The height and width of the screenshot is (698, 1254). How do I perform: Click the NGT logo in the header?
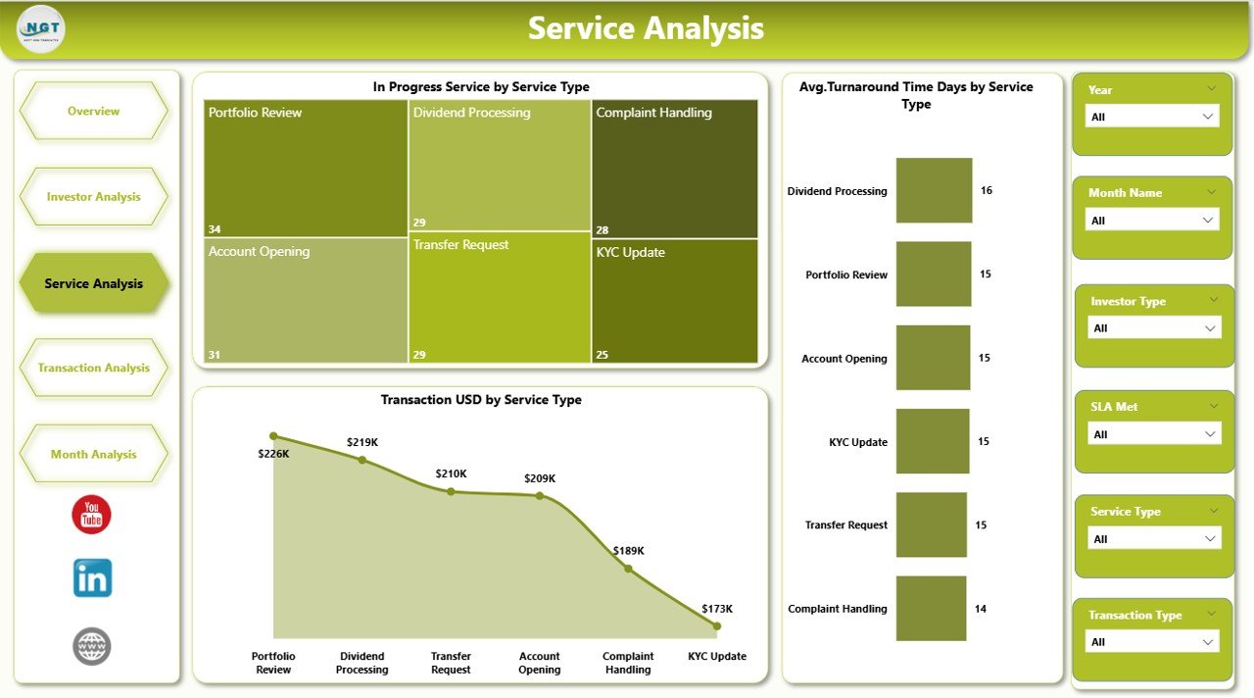41,28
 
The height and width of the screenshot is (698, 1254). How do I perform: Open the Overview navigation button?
93,112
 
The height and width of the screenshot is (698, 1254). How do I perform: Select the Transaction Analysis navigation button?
93,369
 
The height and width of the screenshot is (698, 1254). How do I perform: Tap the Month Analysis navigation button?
93,455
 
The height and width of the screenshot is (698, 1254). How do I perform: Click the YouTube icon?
92,515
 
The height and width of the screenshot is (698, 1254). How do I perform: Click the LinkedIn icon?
92,578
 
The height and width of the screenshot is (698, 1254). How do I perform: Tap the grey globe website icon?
92,647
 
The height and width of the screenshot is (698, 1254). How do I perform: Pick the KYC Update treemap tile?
674,301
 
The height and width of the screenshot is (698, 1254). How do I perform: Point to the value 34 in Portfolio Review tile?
215,229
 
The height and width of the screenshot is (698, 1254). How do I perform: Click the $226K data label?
272,454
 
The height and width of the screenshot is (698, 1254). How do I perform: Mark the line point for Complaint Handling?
628,569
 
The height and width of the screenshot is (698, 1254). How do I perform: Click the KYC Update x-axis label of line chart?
717,657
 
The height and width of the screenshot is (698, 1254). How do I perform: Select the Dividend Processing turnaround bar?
934,190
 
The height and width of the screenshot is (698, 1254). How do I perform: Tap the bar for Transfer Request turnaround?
932,524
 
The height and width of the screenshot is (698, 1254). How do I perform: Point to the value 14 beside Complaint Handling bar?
980,609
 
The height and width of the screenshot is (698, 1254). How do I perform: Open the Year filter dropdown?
1153,117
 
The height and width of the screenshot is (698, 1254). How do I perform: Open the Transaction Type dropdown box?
1153,642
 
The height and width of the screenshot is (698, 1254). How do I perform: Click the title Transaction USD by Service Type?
480,400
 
